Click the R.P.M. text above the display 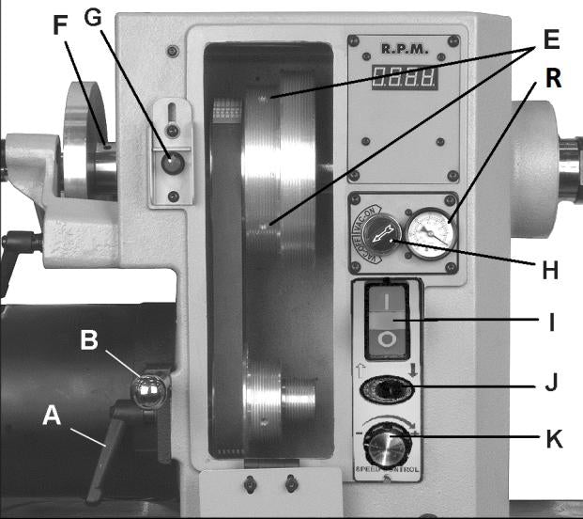(x=405, y=47)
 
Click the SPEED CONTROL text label (x=388, y=468)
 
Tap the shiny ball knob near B (x=149, y=389)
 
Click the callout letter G (x=93, y=17)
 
